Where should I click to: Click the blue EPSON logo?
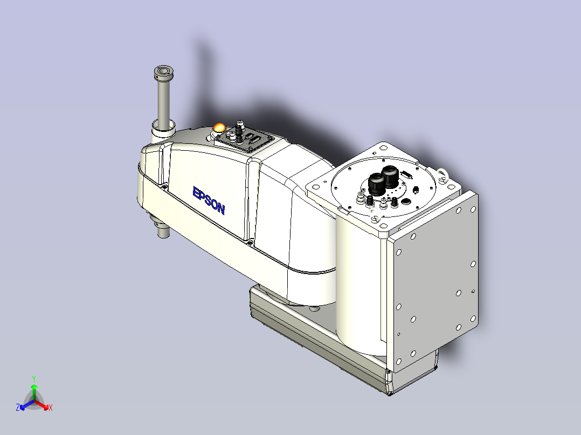209,201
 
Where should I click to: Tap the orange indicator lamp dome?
219,128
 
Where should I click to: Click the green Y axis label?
34,378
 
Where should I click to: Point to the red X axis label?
51,408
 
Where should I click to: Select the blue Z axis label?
18,407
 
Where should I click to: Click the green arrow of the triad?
34,392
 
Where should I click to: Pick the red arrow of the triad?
41,404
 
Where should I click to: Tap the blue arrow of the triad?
27,405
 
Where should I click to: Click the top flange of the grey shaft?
164,72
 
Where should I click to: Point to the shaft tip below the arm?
163,233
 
